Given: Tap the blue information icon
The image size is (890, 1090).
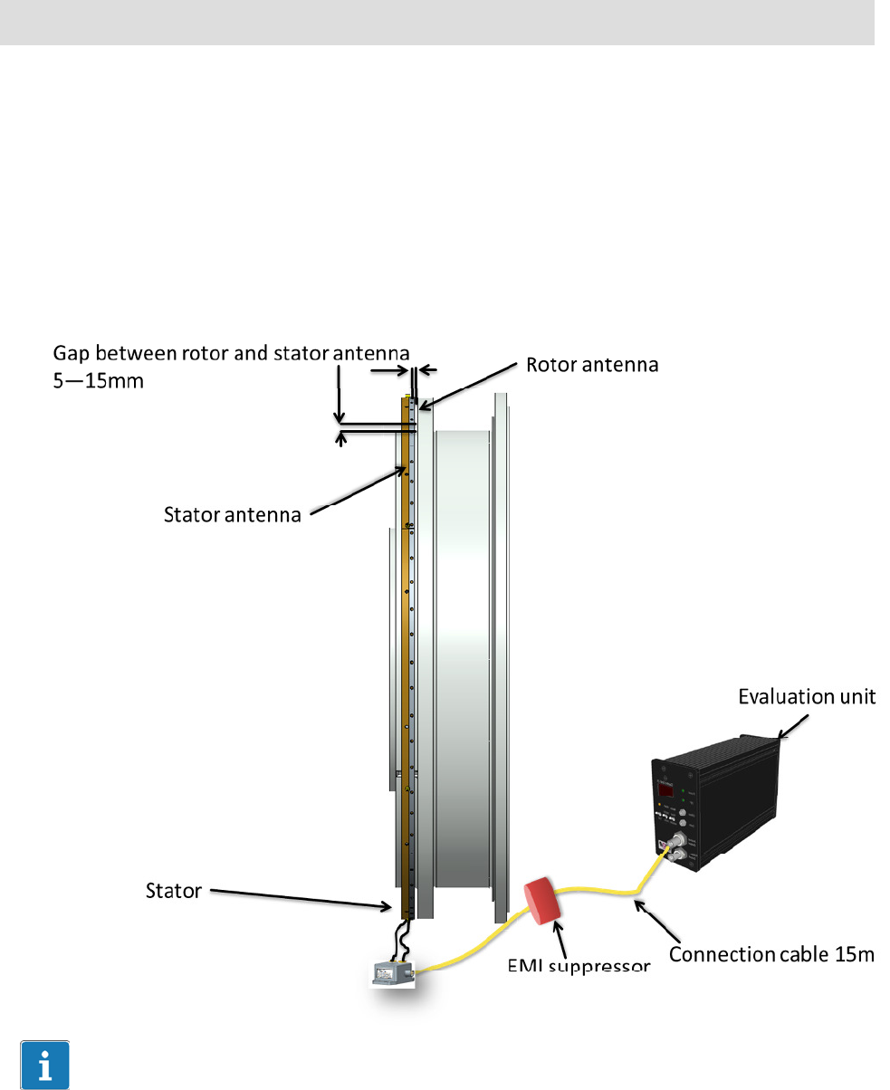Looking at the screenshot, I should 44,1065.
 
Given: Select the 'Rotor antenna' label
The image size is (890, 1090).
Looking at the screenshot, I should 591,365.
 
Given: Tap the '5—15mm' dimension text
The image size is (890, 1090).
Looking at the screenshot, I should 100,381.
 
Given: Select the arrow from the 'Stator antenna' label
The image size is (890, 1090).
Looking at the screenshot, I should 358,490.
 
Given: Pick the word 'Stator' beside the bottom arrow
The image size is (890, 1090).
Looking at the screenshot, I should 173,891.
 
